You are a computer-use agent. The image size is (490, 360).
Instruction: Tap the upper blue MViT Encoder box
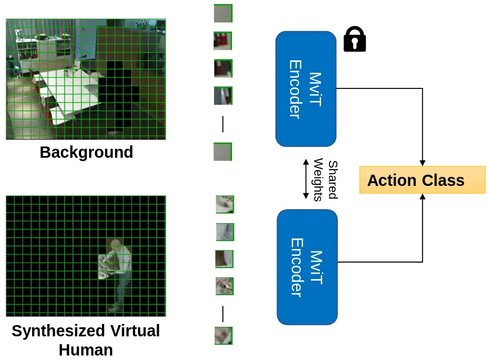pyautogui.click(x=306, y=88)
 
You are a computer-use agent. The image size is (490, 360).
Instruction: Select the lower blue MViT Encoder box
pyautogui.click(x=307, y=266)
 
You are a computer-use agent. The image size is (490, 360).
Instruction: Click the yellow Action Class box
pyautogui.click(x=422, y=180)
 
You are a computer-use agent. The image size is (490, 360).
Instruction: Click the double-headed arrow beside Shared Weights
pyautogui.click(x=306, y=179)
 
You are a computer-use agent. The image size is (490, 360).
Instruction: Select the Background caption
pyautogui.click(x=86, y=153)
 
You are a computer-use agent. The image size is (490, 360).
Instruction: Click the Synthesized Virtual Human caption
pyautogui.click(x=86, y=340)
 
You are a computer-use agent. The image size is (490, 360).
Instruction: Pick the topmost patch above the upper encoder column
pyautogui.click(x=223, y=14)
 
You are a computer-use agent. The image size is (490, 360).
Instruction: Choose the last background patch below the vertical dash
pyautogui.click(x=222, y=152)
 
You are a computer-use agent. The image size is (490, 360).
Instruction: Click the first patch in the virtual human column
pyautogui.click(x=225, y=205)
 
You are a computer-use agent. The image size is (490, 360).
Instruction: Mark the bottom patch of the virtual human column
pyautogui.click(x=224, y=335)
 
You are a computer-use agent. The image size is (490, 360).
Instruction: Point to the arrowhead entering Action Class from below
pyautogui.click(x=422, y=197)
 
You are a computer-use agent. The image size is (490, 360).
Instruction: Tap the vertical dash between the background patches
pyautogui.click(x=223, y=124)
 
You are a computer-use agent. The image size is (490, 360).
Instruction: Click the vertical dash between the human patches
pyautogui.click(x=223, y=314)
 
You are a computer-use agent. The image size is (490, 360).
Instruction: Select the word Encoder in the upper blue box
pyautogui.click(x=295, y=88)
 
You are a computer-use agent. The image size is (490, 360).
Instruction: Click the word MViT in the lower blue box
pyautogui.click(x=317, y=266)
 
